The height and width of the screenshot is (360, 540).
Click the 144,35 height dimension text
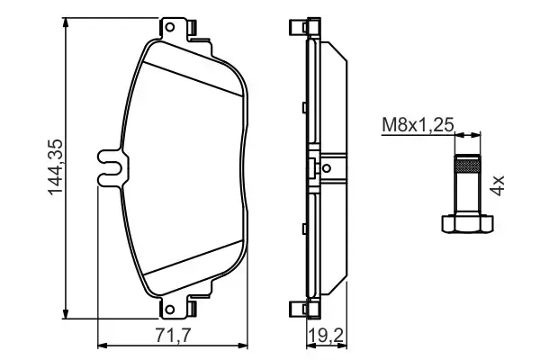(x=53, y=166)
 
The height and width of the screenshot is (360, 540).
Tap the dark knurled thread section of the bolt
(x=465, y=165)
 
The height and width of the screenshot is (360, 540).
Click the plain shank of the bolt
(x=465, y=193)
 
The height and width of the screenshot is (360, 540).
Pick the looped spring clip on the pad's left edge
(x=110, y=166)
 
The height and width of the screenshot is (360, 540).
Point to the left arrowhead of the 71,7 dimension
(x=101, y=345)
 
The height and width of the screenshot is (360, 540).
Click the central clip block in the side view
(x=312, y=167)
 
